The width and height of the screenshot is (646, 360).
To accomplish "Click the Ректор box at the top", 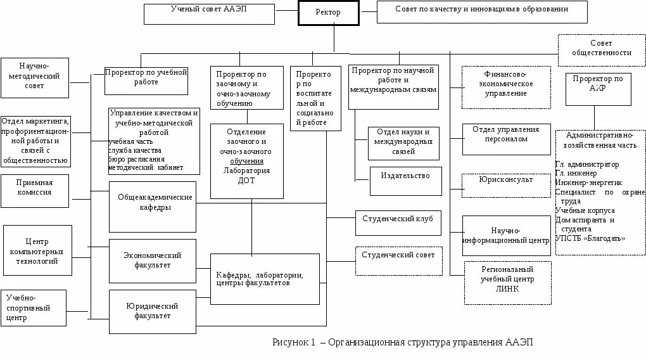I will click(x=329, y=13).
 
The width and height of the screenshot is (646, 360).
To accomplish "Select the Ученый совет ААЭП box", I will click(x=209, y=13).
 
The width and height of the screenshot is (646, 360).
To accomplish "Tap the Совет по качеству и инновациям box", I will click(x=481, y=12).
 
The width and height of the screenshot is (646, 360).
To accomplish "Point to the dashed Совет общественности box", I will click(x=601, y=49).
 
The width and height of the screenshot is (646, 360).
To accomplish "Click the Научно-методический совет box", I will click(x=35, y=78).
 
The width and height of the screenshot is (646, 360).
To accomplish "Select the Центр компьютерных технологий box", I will click(x=37, y=250).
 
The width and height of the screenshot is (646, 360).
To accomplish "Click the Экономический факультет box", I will click(x=152, y=260).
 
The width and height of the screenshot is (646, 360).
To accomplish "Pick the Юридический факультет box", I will click(x=152, y=311).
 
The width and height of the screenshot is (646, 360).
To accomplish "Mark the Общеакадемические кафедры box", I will click(x=152, y=207).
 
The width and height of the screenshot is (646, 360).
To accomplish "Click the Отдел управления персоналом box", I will click(x=506, y=139).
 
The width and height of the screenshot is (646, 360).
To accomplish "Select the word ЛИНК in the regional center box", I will click(x=507, y=289).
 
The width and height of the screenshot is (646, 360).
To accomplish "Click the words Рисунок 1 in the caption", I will click(x=294, y=343).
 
